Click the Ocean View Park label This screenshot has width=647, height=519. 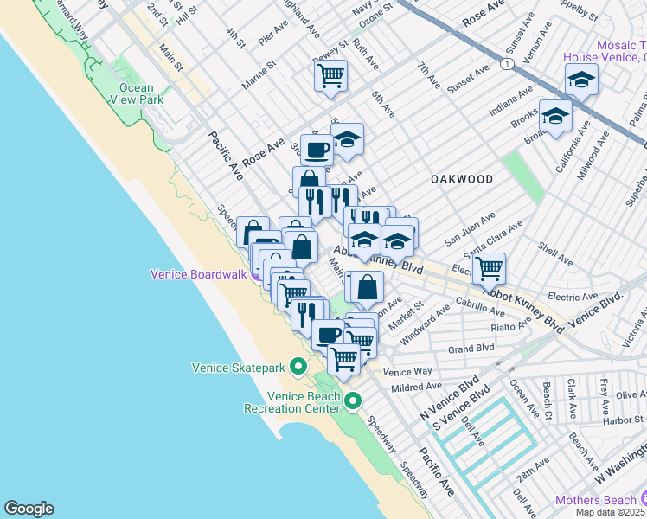coord(136,93)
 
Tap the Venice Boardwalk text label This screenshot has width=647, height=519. coord(198,274)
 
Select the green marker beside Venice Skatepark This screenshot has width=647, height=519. coord(298,368)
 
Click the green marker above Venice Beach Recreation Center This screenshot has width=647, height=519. coord(353,400)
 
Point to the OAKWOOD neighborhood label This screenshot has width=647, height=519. coord(462,179)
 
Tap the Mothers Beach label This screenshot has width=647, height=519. coord(595,499)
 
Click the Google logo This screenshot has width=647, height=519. coord(29,509)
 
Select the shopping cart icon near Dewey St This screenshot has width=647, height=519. coord(330,76)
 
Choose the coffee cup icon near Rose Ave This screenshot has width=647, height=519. coord(317,149)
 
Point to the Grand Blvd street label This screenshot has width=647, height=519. coord(471,349)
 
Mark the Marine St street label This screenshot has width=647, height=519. coord(259,74)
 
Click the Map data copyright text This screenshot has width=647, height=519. coord(610,511)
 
